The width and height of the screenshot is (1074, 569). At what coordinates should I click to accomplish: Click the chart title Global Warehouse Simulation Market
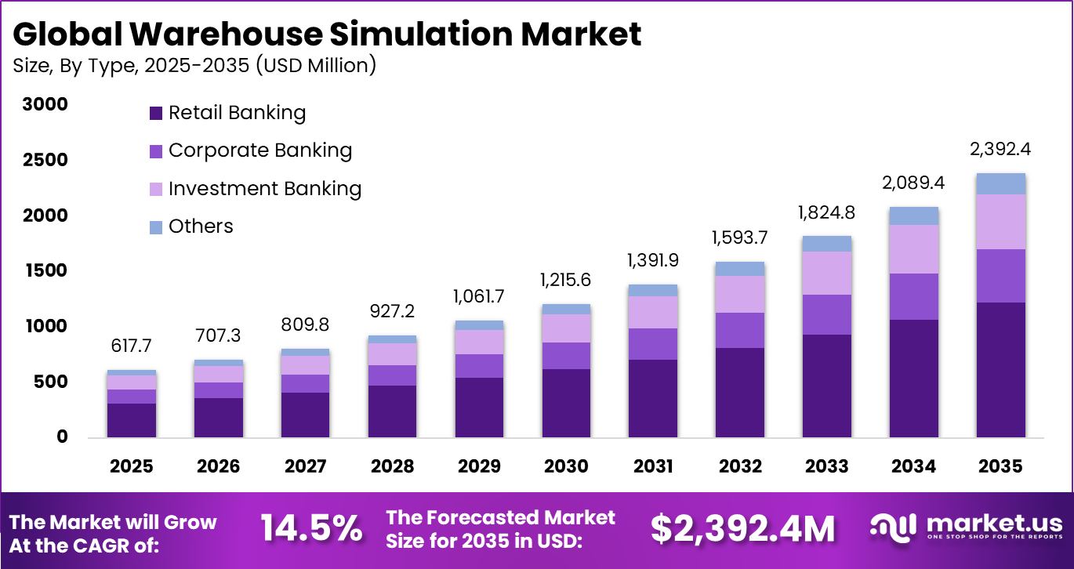(327, 34)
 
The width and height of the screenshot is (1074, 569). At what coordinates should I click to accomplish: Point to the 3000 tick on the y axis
(46, 104)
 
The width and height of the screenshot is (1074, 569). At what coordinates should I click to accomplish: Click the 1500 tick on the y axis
(46, 271)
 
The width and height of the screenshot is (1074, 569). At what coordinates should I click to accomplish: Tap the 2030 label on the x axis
(566, 466)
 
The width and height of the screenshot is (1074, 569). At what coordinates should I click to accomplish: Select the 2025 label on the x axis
(132, 466)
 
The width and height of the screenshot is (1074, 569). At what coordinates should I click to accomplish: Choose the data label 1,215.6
(566, 280)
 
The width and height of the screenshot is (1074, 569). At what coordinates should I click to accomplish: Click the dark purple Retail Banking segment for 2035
(1000, 369)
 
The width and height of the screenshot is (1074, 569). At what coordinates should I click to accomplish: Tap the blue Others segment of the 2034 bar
(913, 216)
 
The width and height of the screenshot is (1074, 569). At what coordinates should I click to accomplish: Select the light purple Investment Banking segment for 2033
(826, 273)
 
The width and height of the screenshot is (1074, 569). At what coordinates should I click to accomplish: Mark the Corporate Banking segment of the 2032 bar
(740, 330)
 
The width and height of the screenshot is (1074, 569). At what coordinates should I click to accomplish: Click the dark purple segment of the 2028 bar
(392, 411)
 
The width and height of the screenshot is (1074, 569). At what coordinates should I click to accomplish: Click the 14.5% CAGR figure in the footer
(311, 529)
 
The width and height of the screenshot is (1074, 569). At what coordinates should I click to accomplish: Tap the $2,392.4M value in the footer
(742, 529)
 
